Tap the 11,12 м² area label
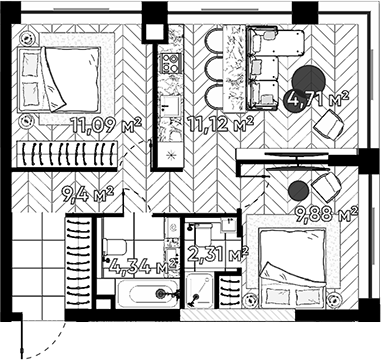[221, 124]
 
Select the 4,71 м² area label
[316, 99]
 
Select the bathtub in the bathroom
[140, 295]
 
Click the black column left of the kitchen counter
[153, 28]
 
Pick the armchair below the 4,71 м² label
[327, 128]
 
